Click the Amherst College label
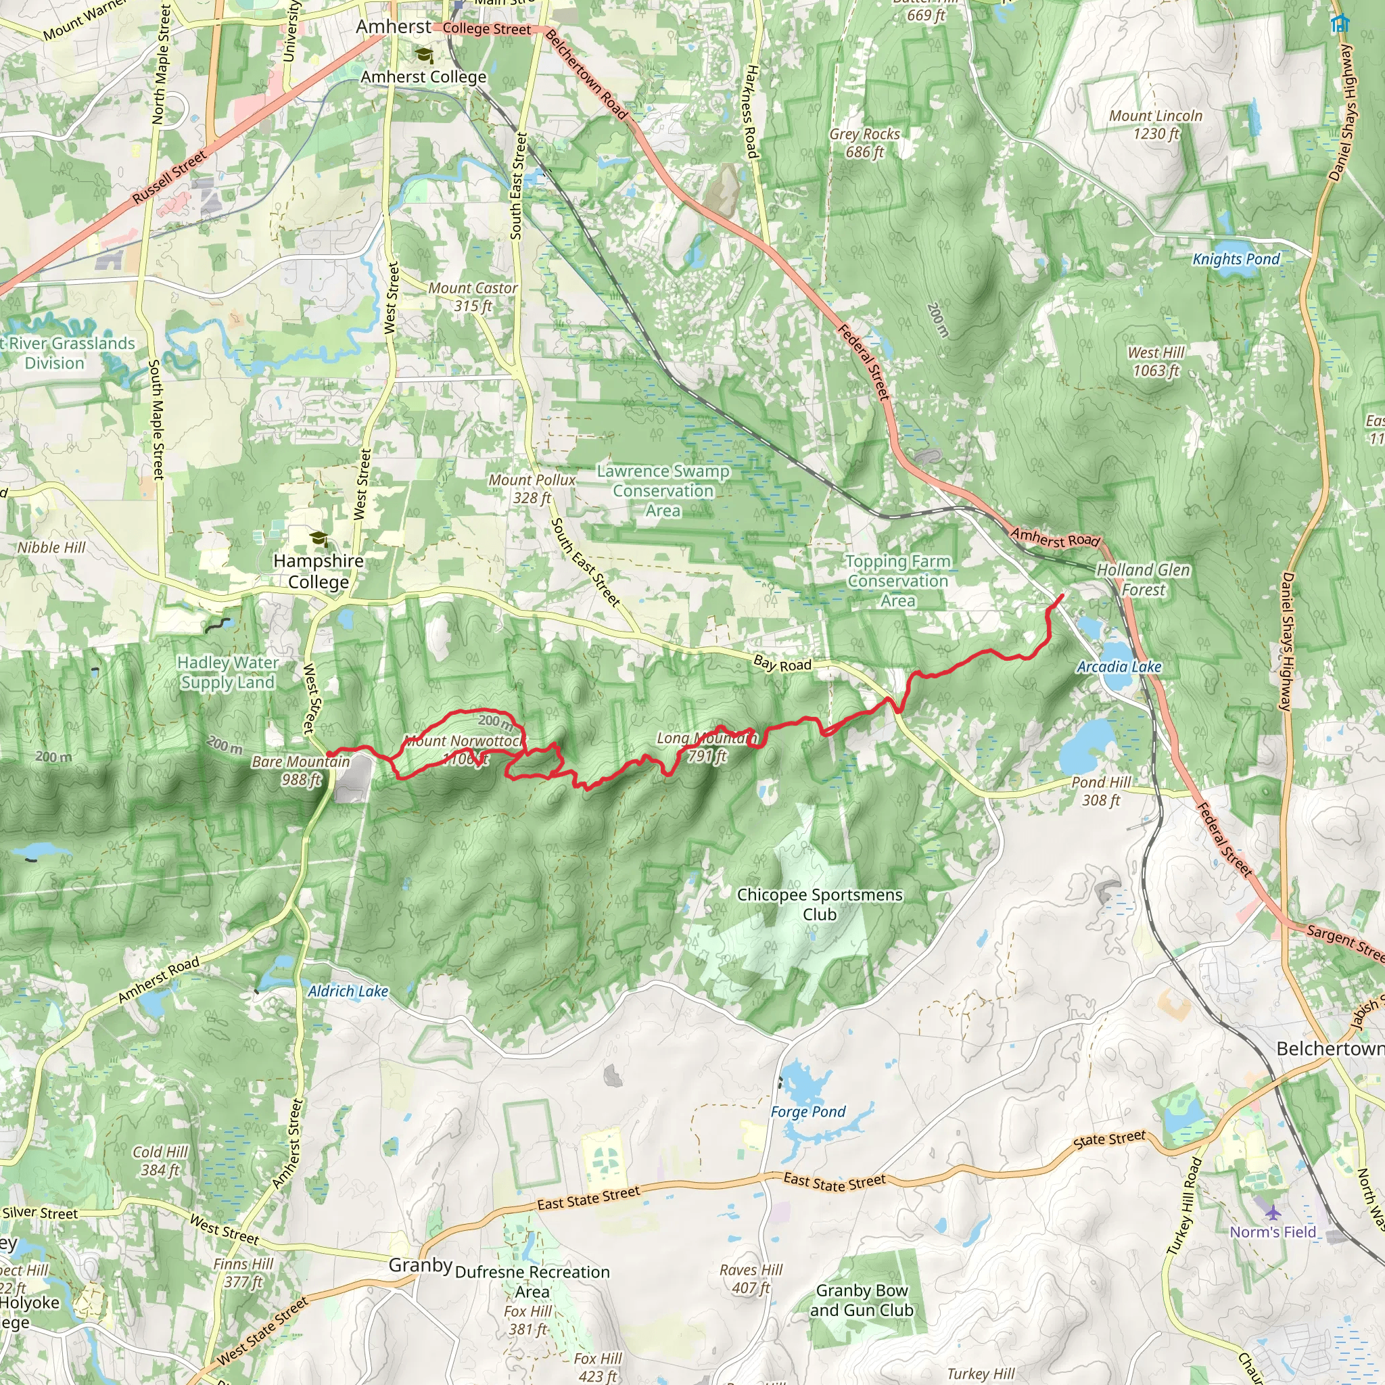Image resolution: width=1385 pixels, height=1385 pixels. pos(423,76)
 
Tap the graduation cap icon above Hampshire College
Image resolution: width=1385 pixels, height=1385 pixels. pos(318,538)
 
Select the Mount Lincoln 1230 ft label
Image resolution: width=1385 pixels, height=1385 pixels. pos(1156,124)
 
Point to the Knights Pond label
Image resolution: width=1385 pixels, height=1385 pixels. pos(1236,259)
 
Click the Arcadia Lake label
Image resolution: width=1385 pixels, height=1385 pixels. pos(1119,667)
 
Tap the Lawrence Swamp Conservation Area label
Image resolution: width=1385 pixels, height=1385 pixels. pos(663,491)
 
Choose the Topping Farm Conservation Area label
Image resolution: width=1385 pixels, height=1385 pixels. pos(897,582)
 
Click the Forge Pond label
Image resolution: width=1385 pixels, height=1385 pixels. pos(808,1112)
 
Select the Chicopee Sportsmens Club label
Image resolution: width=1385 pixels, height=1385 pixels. pos(820,905)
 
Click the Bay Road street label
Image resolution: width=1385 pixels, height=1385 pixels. pos(782,664)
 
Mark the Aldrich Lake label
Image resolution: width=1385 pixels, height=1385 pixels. pos(348,991)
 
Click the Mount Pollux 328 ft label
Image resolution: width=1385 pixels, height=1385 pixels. pos(532,489)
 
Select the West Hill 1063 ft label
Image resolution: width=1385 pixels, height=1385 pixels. pos(1156,361)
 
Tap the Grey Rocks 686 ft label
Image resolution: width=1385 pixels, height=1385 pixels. pos(864,143)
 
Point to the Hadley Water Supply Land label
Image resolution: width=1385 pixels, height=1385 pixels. pos(227,672)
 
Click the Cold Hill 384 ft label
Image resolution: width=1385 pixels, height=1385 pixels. pos(160,1160)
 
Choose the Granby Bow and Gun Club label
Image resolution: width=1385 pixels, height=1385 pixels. pos(862,1300)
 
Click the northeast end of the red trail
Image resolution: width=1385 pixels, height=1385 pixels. pos(1062,595)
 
